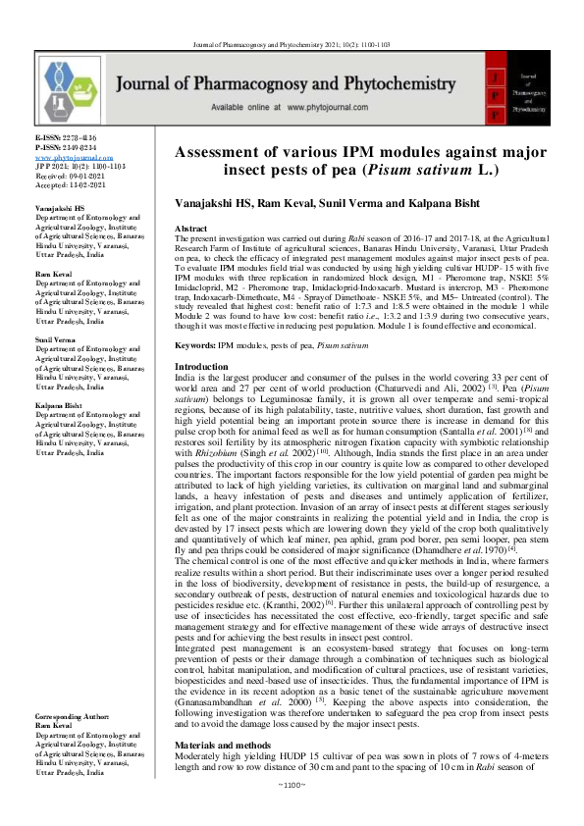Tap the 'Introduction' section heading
[x=201, y=338]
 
